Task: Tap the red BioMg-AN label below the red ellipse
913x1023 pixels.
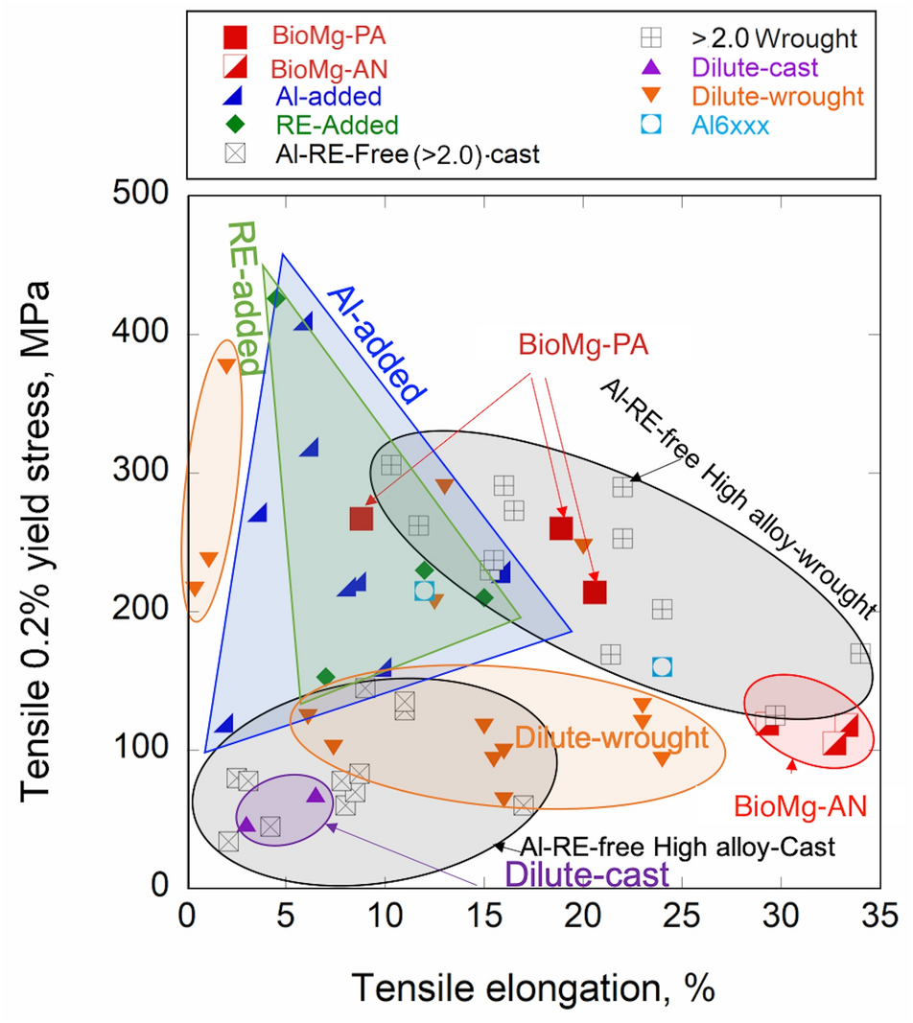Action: tap(801, 805)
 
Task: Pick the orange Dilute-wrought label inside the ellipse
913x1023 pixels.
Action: tap(611, 737)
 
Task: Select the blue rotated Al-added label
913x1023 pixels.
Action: tap(376, 343)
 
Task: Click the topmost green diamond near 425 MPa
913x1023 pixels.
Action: tap(276, 298)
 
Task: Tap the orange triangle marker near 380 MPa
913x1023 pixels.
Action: tap(226, 365)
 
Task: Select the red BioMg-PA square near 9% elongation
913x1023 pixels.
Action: tap(361, 519)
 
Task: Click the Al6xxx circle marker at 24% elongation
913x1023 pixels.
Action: tap(662, 666)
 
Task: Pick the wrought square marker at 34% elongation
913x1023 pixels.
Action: tap(860, 653)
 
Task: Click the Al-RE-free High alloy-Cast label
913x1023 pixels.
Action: tap(678, 847)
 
